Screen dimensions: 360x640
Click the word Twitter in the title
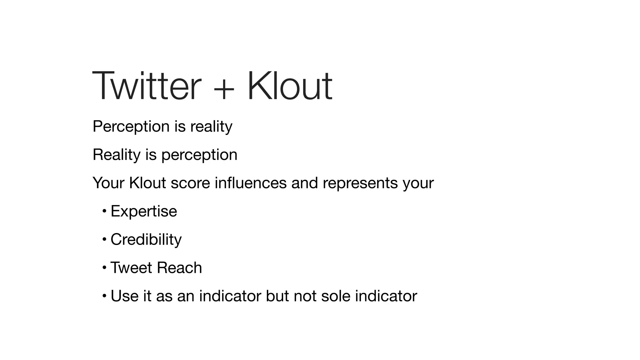click(x=147, y=86)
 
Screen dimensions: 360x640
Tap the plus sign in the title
click(x=224, y=88)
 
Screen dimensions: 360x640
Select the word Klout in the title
click(x=290, y=86)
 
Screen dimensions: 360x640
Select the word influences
click(x=251, y=183)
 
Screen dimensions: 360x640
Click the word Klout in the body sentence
click(x=147, y=183)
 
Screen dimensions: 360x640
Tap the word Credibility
click(x=146, y=240)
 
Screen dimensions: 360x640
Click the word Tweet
click(x=131, y=268)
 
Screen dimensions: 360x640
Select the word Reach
click(x=179, y=268)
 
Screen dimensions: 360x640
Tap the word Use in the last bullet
click(x=124, y=296)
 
